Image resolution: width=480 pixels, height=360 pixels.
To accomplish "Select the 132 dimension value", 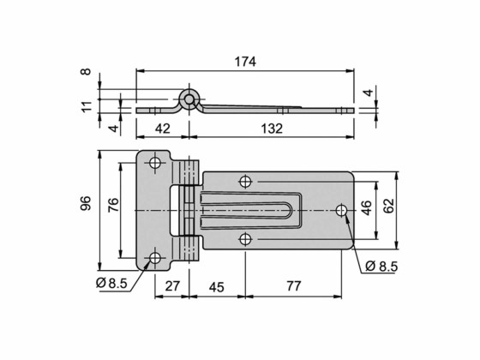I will [272, 129].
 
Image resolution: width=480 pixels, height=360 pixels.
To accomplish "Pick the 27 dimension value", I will [171, 287].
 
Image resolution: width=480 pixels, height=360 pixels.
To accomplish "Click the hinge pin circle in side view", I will [189, 97].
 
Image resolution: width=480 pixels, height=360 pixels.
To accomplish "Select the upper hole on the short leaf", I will [155, 163].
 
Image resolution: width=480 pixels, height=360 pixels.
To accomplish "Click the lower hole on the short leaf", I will [155, 257].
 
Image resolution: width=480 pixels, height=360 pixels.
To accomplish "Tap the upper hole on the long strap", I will [245, 182].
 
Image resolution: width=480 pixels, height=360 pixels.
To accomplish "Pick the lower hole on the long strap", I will [245, 238].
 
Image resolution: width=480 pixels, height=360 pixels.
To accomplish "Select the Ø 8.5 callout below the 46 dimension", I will [382, 267].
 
